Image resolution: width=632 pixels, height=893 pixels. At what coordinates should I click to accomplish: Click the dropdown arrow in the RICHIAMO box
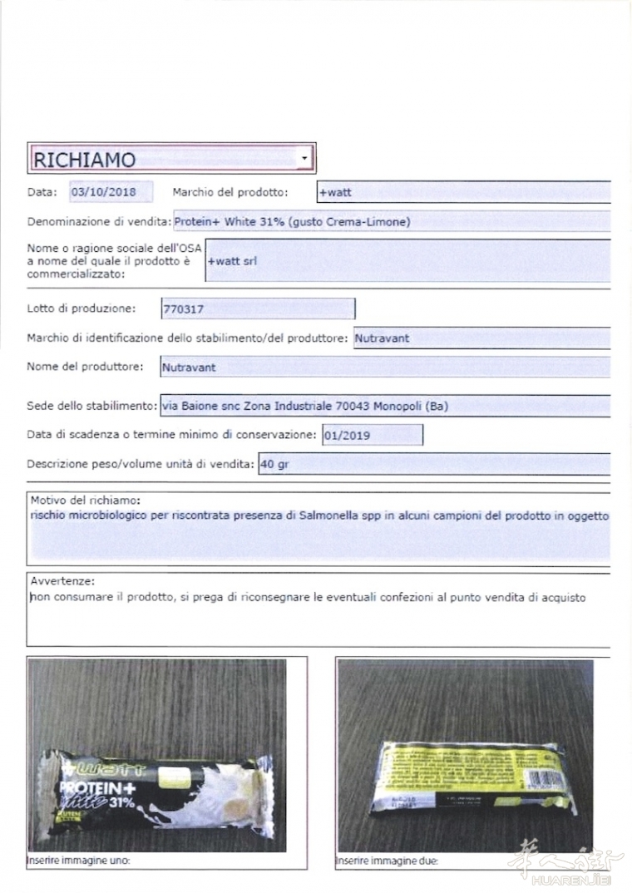click(x=305, y=157)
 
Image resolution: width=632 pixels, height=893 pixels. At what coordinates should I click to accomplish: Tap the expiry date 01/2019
click(x=348, y=435)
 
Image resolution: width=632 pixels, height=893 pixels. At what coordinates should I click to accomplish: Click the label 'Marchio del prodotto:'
click(x=230, y=192)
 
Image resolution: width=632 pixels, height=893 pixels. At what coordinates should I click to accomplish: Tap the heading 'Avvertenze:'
click(x=62, y=580)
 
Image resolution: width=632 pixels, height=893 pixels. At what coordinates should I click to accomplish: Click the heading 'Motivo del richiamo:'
click(x=86, y=501)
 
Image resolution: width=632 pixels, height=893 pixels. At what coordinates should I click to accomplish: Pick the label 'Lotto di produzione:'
click(x=81, y=309)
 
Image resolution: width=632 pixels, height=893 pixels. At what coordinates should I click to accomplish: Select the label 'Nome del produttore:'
click(x=85, y=366)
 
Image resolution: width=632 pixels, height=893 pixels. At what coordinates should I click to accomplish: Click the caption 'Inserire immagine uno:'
click(x=78, y=861)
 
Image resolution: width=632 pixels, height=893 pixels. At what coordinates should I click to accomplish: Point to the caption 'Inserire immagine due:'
click(x=387, y=861)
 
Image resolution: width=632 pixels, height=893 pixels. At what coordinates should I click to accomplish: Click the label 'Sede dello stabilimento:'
click(x=91, y=406)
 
